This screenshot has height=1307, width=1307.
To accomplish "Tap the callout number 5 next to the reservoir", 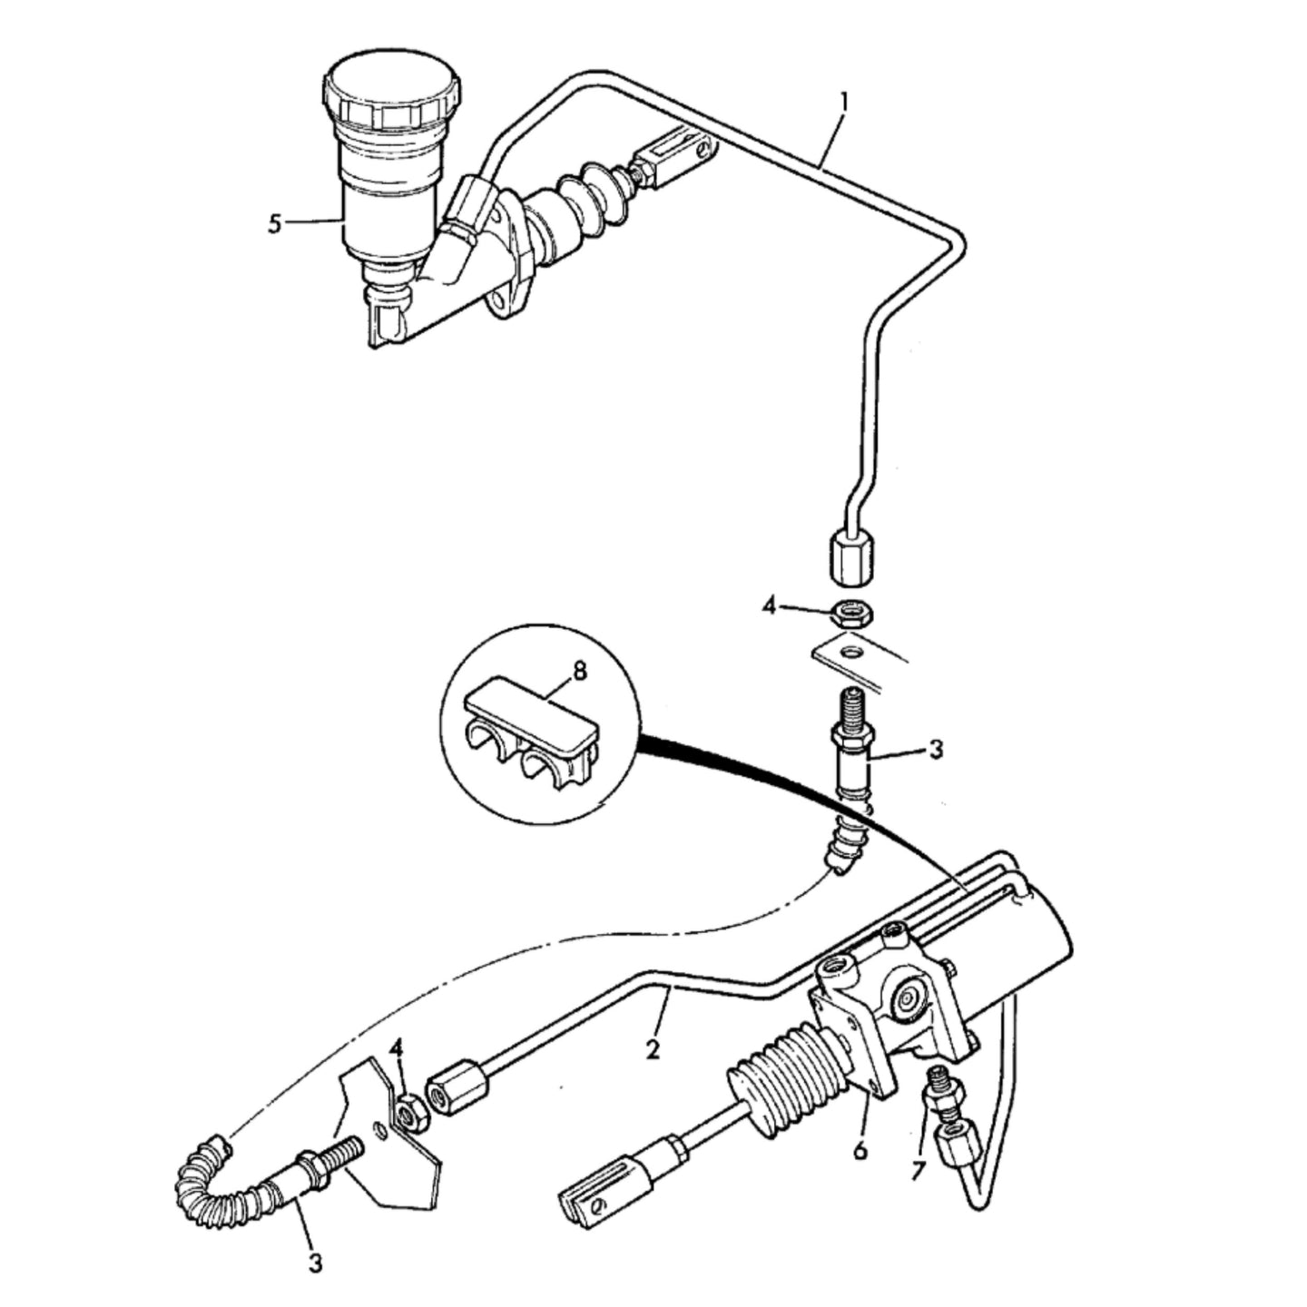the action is click(275, 224).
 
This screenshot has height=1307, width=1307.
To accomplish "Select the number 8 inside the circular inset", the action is click(579, 672).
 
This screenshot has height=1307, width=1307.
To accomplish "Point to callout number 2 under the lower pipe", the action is click(653, 1050).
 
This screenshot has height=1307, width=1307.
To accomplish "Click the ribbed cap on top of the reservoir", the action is click(391, 92).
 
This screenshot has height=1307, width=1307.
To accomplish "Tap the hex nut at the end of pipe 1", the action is click(852, 556).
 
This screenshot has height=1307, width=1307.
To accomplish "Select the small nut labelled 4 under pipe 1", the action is click(853, 614).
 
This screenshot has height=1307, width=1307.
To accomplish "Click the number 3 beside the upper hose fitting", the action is click(936, 750).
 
